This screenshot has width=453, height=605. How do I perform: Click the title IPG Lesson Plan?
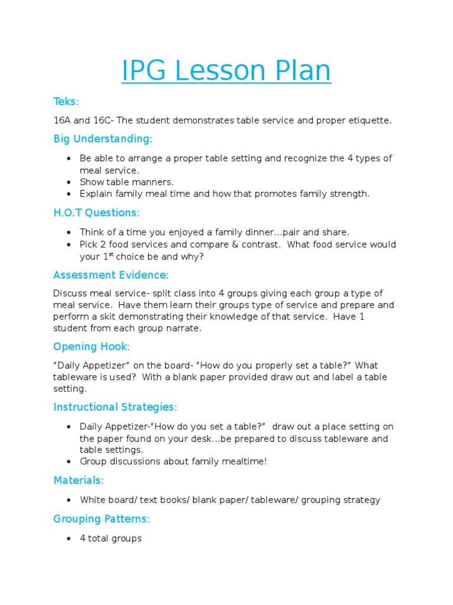click(x=226, y=71)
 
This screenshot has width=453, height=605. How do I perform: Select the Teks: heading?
click(x=66, y=102)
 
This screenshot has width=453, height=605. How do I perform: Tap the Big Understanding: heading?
click(x=103, y=139)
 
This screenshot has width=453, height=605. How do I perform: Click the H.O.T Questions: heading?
click(x=96, y=213)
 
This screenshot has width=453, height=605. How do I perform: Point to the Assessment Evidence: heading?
click(x=111, y=275)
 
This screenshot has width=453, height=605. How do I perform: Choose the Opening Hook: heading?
click(x=91, y=346)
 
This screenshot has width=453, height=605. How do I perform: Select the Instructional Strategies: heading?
click(x=115, y=407)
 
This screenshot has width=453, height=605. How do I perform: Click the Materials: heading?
click(x=78, y=480)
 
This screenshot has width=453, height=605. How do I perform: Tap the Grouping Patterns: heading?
click(x=101, y=519)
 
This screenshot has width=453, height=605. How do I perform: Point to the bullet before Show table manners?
click(x=69, y=182)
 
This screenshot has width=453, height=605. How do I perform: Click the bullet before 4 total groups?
click(x=69, y=539)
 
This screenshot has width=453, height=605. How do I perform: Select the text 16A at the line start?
click(x=61, y=121)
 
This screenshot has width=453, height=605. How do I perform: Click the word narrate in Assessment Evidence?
click(x=185, y=328)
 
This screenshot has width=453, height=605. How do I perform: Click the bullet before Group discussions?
click(x=69, y=461)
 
